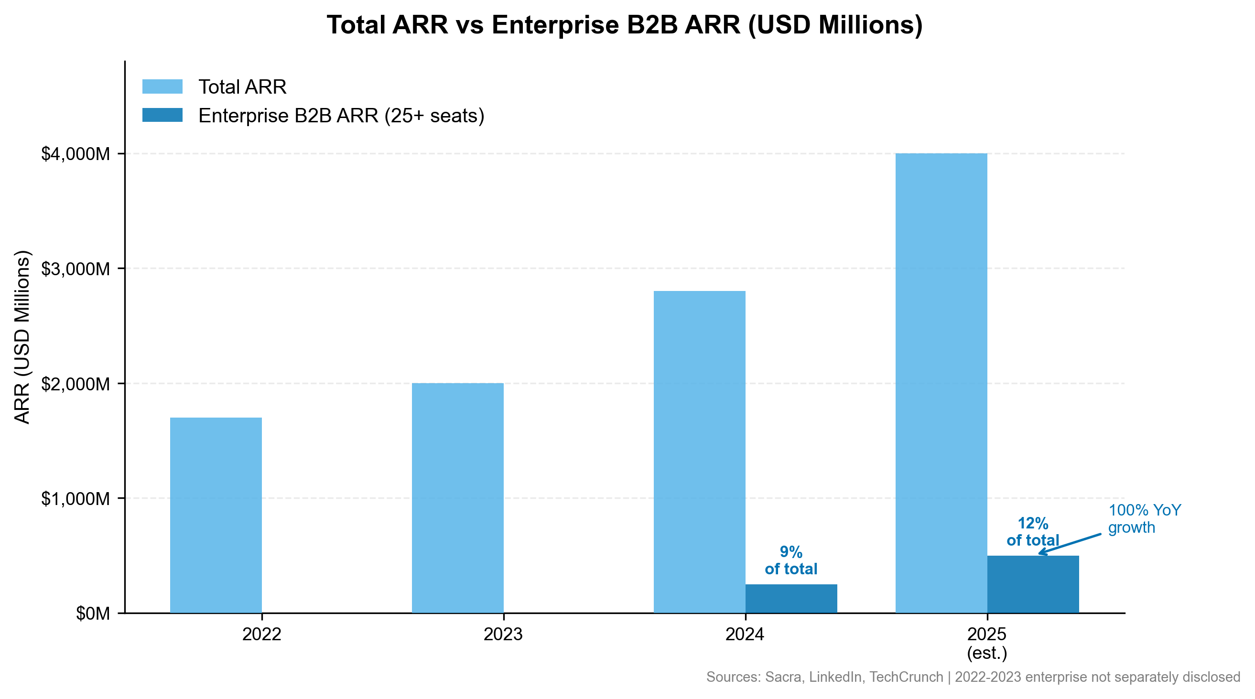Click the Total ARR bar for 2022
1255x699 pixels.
coord(216,515)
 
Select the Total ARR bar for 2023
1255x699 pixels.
coord(457,498)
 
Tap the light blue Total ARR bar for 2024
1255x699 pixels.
coord(699,452)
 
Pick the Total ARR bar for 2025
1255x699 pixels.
coord(941,383)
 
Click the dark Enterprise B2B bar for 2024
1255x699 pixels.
coord(791,598)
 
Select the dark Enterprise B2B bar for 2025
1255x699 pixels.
coord(1033,584)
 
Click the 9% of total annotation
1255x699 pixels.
coord(791,560)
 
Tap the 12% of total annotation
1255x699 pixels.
coord(1033,531)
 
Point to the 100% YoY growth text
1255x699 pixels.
coord(1144,519)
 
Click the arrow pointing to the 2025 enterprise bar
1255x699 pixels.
coord(1070,544)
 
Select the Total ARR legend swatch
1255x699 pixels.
coord(162,86)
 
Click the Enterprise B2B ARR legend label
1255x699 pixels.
coord(341,116)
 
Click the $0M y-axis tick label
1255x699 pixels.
coord(93,613)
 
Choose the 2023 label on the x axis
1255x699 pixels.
coord(503,634)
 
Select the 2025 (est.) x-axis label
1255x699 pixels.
coord(987,643)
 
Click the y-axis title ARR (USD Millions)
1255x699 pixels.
coord(22,337)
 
